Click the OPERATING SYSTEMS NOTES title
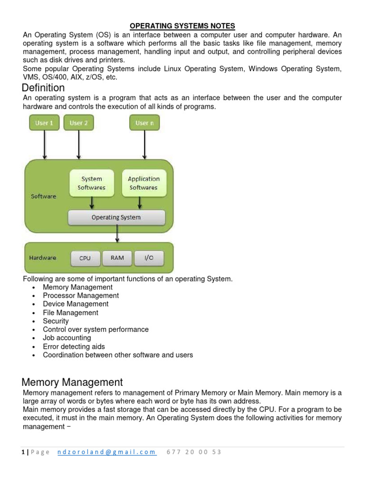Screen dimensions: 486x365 [x=182, y=26]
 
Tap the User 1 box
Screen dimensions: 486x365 [x=44, y=123]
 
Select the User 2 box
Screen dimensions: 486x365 [x=78, y=123]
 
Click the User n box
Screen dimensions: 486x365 [x=144, y=123]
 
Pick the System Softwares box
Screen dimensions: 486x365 [x=92, y=183]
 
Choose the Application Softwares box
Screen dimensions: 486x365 [x=144, y=183]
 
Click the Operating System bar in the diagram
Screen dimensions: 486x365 [x=116, y=217]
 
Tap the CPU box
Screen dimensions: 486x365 [x=85, y=258]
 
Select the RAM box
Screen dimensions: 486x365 [x=117, y=258]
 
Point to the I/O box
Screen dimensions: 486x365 [x=149, y=258]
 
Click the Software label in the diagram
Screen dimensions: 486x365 [x=43, y=196]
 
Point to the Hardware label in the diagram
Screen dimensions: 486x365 [x=43, y=258]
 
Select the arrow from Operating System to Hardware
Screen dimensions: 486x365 [x=116, y=234]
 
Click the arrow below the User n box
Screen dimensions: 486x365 [x=144, y=145]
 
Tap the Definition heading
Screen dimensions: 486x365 [x=44, y=88]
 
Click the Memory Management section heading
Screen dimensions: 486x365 [x=72, y=382]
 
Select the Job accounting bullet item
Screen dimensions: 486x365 [x=67, y=338]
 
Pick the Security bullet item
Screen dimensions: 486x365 [x=56, y=321]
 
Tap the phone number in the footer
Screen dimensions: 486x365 [x=194, y=452]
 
